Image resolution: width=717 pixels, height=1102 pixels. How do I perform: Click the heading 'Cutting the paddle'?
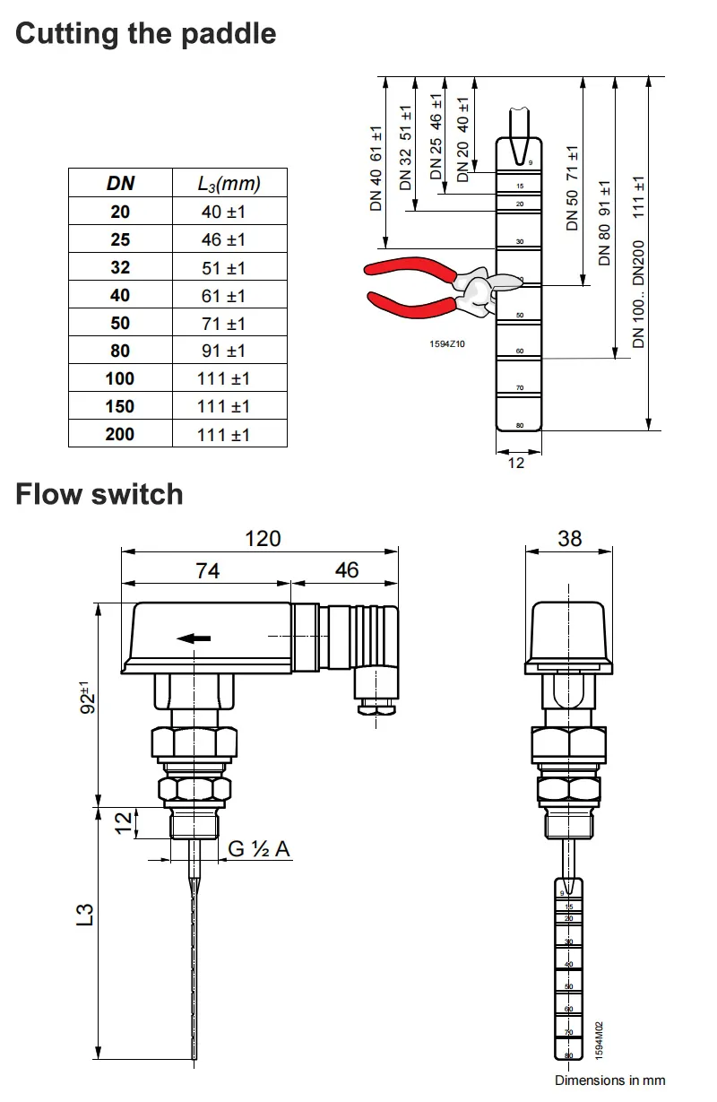point(146,34)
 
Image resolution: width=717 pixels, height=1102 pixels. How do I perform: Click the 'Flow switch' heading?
point(99,494)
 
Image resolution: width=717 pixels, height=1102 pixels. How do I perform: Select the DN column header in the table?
point(120,183)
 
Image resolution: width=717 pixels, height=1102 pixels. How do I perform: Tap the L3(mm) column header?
point(229,184)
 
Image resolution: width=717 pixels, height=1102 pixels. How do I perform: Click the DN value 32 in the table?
point(120,267)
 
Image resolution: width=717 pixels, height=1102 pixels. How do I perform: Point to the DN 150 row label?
point(120,406)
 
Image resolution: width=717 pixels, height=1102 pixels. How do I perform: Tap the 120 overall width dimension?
point(263,538)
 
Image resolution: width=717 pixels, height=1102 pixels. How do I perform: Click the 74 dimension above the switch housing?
point(208,570)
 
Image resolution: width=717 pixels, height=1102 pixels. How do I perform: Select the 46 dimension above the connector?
point(346,570)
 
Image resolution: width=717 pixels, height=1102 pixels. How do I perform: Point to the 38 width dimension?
point(570,538)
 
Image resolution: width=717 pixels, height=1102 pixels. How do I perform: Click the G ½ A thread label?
point(259,848)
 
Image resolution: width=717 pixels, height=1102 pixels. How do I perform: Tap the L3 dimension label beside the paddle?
point(84,915)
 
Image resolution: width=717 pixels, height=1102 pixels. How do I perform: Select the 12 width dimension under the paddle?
point(516,464)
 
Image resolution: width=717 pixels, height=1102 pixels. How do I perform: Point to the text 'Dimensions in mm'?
point(609,1080)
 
